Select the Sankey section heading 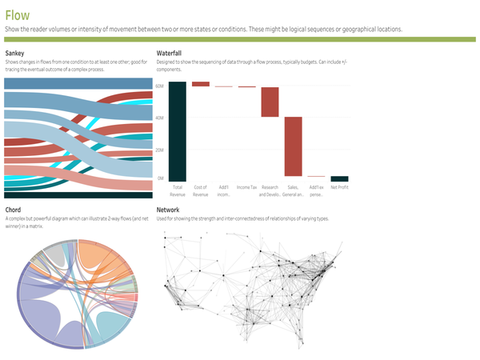(x=14, y=54)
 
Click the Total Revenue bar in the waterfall (x=178, y=131)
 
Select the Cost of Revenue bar (x=201, y=83)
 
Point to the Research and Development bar (x=270, y=102)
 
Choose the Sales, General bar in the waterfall (x=294, y=146)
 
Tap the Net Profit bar (x=340, y=178)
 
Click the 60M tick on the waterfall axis (x=160, y=85)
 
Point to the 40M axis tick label (x=160, y=118)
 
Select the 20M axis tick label (x=160, y=150)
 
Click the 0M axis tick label (x=161, y=178)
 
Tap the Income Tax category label (x=247, y=187)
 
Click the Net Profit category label (x=340, y=187)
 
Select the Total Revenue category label (x=178, y=190)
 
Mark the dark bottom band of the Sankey (x=78, y=194)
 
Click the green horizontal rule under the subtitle (x=240, y=38)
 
